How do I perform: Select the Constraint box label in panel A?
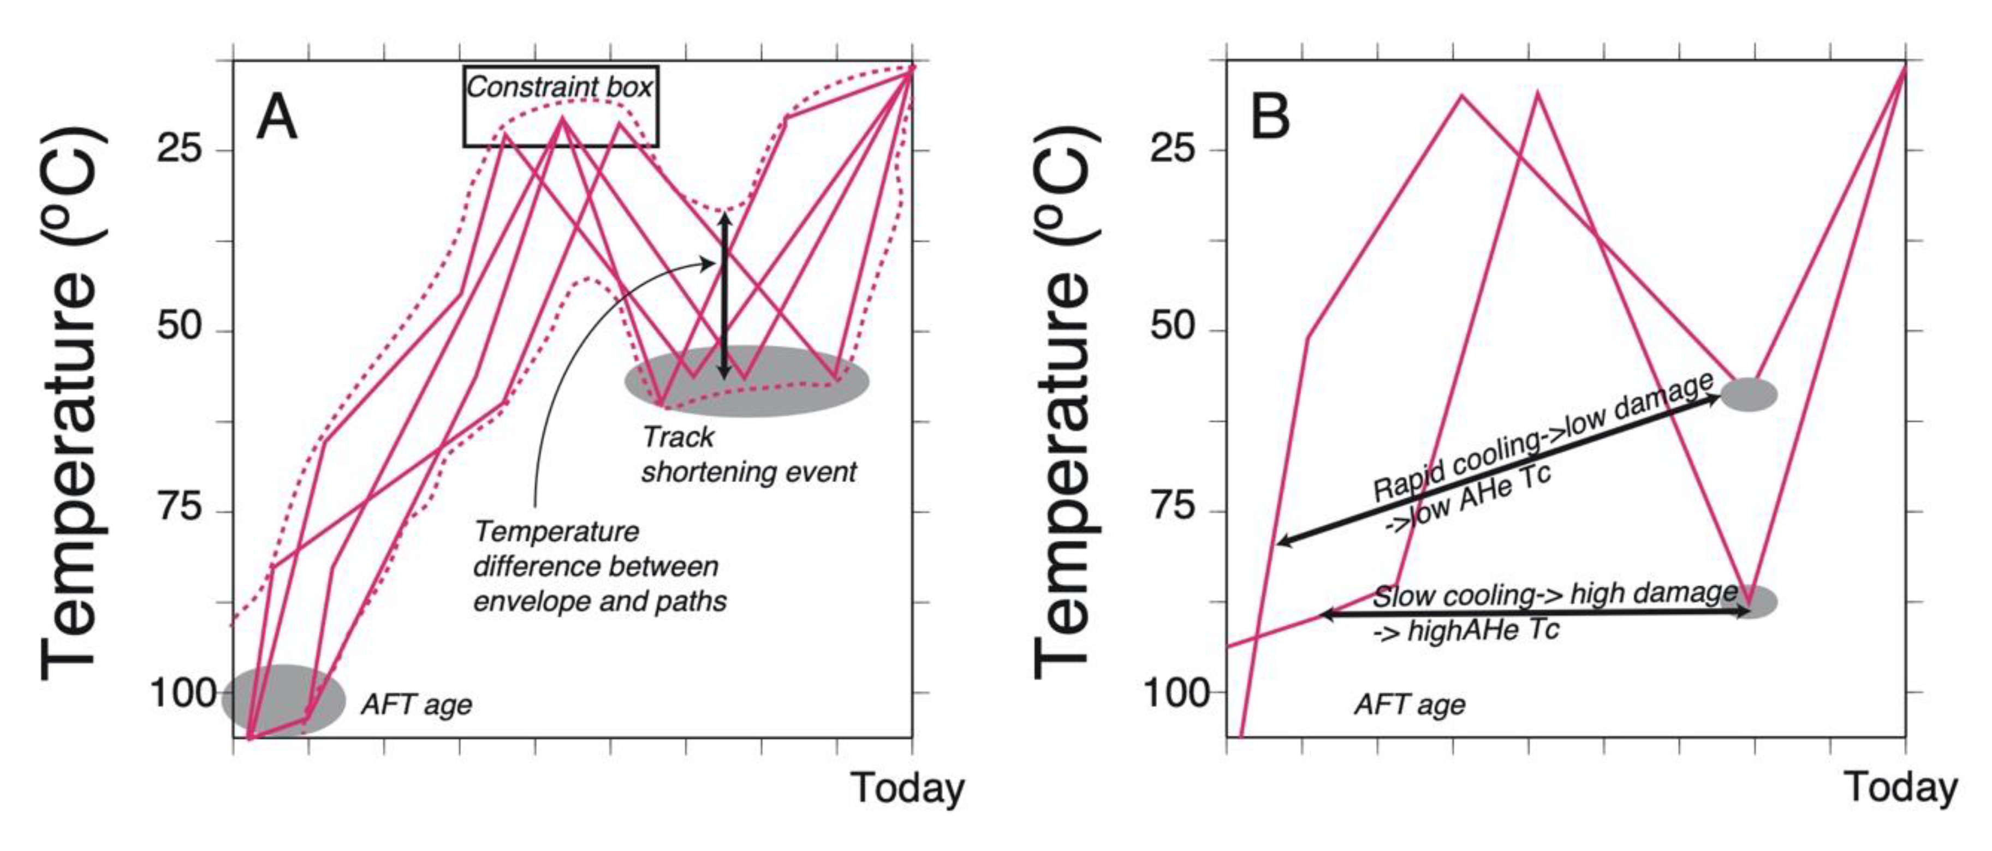tap(560, 87)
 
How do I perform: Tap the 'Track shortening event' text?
tap(748, 454)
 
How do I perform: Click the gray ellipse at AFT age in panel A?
tap(284, 699)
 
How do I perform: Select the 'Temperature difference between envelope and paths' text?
tap(599, 567)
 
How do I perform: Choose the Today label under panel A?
tap(908, 788)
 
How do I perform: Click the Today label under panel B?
tap(1901, 788)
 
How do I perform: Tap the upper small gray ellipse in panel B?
tap(1749, 394)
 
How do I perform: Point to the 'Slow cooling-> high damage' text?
tap(1554, 595)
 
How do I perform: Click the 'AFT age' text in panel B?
tap(1410, 704)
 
